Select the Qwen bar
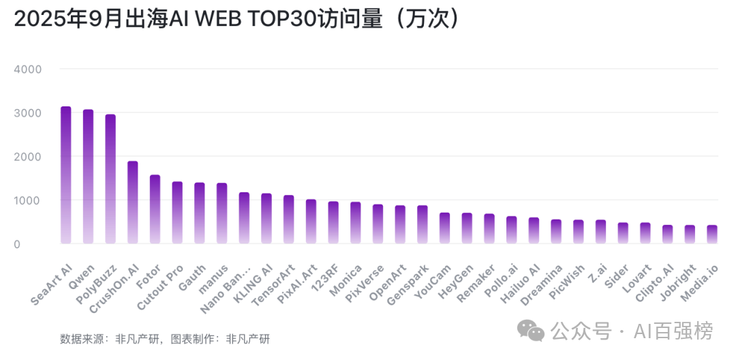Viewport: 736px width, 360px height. point(88,177)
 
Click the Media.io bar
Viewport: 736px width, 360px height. point(712,235)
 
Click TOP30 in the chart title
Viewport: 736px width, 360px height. point(277,20)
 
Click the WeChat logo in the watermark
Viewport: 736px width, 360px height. point(530,331)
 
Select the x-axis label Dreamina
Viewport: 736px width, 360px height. point(542,283)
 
